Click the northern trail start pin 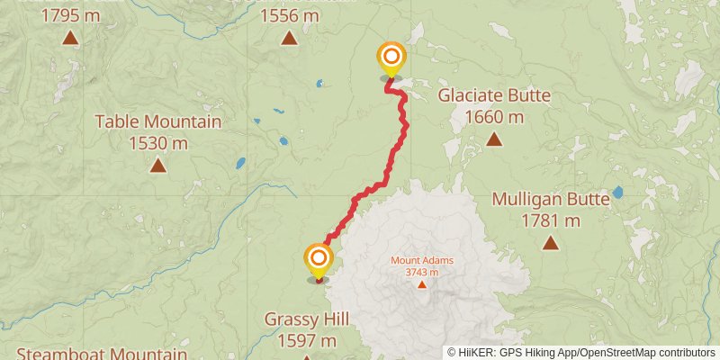391,59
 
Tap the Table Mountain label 157,121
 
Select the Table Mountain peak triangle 157,165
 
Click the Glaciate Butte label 494,96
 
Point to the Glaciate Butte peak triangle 494,139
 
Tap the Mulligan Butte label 550,199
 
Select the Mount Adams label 421,261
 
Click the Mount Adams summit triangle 421,284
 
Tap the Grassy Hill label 306,319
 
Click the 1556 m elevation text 289,15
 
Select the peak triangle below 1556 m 289,38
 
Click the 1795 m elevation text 69,15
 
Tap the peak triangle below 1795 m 69,38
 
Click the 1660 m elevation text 494,117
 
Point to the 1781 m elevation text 550,220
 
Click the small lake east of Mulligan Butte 617,193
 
